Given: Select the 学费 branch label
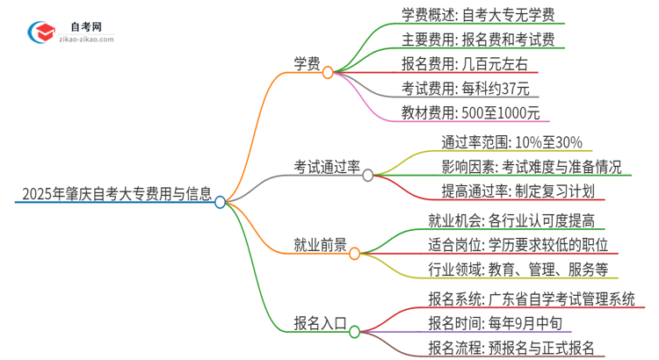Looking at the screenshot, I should click(306, 63).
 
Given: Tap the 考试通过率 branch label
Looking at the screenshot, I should click(327, 166).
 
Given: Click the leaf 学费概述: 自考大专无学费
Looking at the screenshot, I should click(470, 15).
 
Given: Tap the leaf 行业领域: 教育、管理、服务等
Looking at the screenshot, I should click(513, 269).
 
